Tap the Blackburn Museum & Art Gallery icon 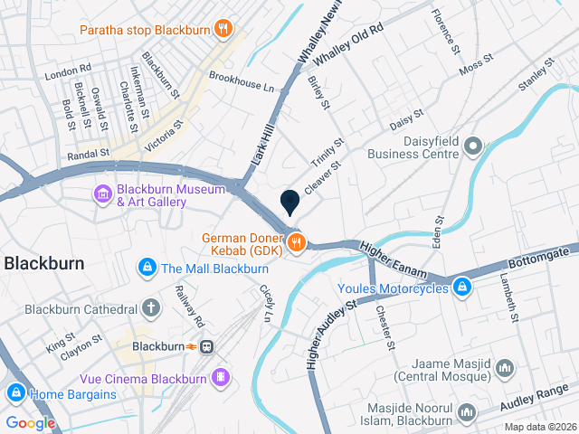tap(102, 193)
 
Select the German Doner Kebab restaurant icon tap(295, 241)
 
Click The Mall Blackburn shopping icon tap(147, 268)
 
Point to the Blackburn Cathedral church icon tap(150, 308)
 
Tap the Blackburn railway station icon tap(207, 346)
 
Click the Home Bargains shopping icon tap(15, 393)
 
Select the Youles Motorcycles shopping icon tap(462, 288)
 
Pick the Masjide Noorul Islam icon tap(467, 412)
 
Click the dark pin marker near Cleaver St tap(290, 203)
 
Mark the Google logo tap(30, 422)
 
